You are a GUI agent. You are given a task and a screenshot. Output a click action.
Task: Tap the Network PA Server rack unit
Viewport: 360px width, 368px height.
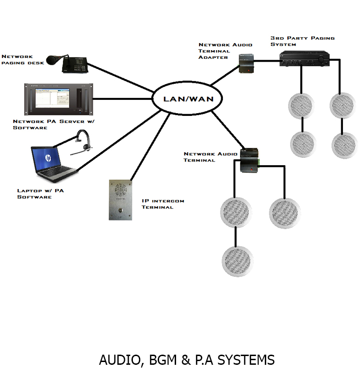point(59,99)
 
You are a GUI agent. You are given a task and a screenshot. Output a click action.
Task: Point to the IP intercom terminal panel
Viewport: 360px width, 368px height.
point(120,200)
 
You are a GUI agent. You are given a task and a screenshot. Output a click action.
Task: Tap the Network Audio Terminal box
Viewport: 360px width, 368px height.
point(250,160)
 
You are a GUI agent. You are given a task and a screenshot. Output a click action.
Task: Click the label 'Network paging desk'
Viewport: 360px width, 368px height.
point(23,59)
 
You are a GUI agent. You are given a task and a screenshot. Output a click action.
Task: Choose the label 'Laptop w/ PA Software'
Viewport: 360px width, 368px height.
point(34,194)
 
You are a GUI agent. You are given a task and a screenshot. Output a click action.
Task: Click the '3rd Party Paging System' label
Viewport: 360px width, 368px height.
point(302,41)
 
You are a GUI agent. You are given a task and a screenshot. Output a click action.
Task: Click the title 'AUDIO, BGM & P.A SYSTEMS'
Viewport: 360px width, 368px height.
point(187,360)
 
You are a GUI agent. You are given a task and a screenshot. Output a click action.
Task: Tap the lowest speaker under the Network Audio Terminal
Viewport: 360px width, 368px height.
point(237,261)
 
